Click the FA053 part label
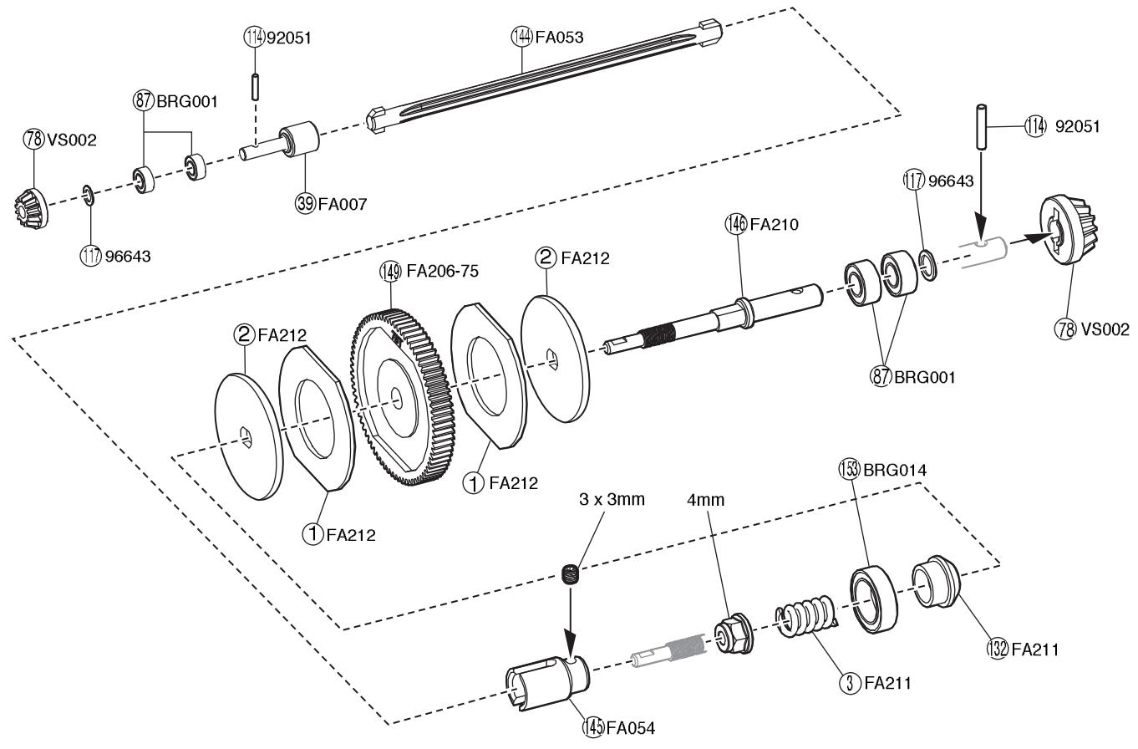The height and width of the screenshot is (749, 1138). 559,37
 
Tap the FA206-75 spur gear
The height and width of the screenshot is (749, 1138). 404,398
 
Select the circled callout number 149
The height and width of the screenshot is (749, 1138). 390,272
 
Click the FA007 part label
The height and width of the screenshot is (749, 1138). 342,204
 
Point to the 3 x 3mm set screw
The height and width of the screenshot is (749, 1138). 571,575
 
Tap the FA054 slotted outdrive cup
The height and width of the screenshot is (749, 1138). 547,682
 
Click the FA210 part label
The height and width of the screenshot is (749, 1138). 774,224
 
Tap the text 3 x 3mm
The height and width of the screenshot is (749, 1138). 612,500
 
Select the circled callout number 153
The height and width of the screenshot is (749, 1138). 849,470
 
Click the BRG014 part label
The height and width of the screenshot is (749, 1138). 895,470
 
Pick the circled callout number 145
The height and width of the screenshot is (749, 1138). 593,727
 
